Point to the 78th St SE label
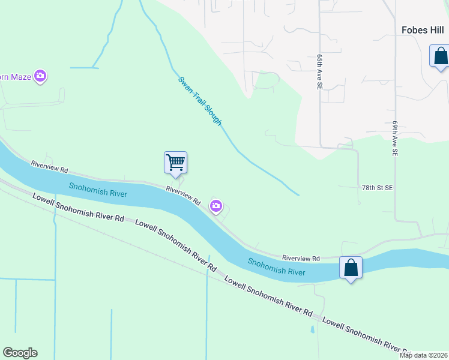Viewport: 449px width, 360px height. click(377, 188)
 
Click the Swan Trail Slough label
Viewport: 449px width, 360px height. click(200, 101)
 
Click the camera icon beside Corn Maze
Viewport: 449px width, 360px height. click(40, 76)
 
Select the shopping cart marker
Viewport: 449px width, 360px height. click(175, 163)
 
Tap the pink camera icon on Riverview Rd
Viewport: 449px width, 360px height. click(216, 207)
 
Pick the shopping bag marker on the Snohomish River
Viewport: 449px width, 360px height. click(351, 268)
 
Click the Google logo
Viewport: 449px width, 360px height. click(20, 353)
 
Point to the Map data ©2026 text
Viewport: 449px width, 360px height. click(423, 355)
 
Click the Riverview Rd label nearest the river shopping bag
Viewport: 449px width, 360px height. click(301, 257)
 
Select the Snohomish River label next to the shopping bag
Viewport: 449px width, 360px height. click(277, 266)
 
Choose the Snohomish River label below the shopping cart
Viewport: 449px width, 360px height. click(98, 190)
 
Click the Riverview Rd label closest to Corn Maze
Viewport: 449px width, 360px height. click(50, 164)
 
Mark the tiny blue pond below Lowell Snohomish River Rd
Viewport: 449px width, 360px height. click(312, 329)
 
